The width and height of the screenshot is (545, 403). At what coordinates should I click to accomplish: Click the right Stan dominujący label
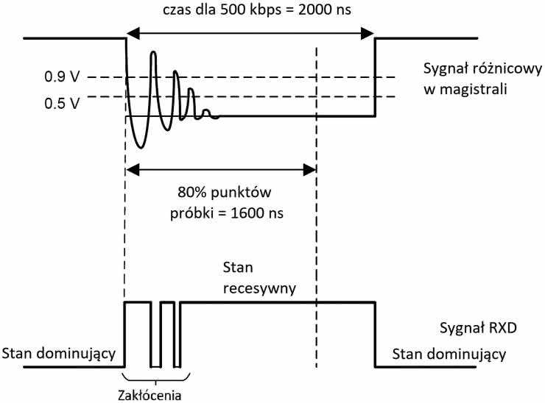449,355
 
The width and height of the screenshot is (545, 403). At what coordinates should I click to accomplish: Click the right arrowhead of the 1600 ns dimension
312,168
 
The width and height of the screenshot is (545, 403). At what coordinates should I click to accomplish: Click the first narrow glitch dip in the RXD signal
154,364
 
